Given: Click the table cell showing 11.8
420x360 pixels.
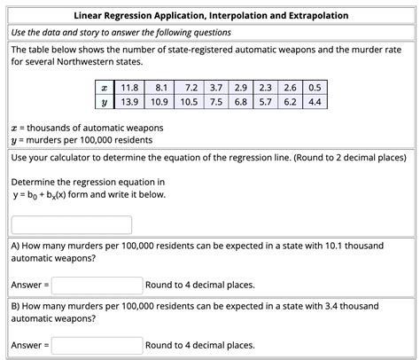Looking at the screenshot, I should [x=128, y=89].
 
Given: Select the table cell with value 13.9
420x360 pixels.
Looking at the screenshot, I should [x=128, y=102].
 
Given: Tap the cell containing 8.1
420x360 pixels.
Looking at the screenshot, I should [x=160, y=89].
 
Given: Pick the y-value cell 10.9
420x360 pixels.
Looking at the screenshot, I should [x=160, y=102].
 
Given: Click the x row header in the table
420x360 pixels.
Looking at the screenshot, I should [x=105, y=89].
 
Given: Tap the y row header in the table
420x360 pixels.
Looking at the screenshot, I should [x=105, y=102].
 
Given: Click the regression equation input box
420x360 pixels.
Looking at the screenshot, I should [x=72, y=225].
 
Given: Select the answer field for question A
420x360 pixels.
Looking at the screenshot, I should [x=97, y=285].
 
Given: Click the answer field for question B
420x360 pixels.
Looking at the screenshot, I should [x=97, y=345].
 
